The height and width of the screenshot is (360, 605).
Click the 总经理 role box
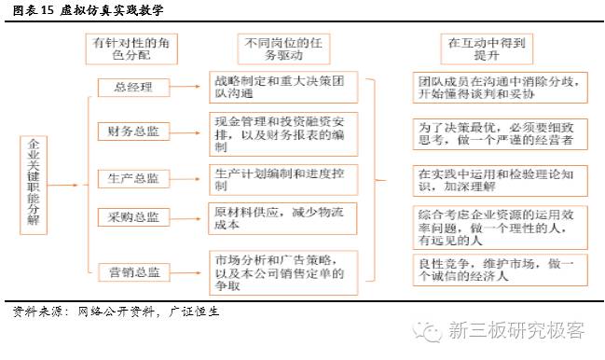coord(133,89)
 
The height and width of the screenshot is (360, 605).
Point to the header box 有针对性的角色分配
coord(132,49)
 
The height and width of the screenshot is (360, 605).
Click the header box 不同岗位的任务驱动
coord(281,49)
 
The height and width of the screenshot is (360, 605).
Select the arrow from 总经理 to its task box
coord(189,89)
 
